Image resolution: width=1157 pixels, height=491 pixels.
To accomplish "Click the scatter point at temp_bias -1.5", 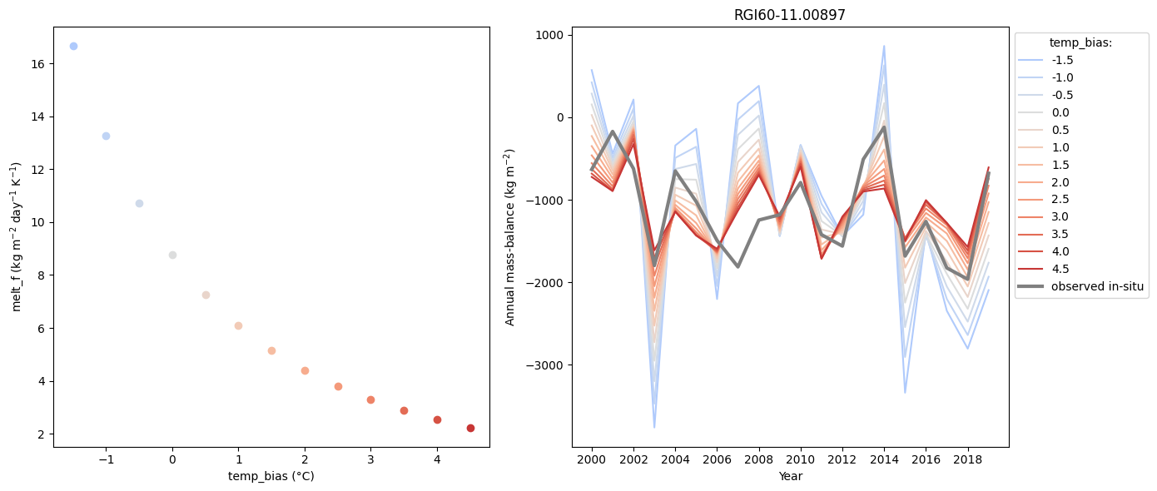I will (73, 46).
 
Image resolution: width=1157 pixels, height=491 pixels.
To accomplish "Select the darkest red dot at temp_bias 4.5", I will (470, 428).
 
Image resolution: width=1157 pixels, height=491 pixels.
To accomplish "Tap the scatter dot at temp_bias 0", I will (172, 255).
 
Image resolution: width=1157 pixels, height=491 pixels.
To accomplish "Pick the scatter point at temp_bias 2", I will (305, 370).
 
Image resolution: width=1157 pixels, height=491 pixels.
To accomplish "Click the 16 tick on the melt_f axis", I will (38, 64).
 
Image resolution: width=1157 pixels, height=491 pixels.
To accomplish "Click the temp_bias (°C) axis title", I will (271, 476).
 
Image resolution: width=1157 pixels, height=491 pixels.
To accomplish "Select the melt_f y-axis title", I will (17, 236).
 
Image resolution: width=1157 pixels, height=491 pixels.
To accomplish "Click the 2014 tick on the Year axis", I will (884, 459).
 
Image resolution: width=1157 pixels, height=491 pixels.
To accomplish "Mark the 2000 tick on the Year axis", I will (592, 459).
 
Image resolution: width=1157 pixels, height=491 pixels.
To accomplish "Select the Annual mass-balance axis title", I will (510, 236).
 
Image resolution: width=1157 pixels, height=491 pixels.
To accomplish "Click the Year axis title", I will (790, 476).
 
